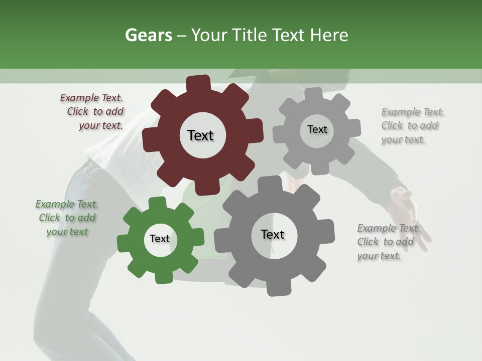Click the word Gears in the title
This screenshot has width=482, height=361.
tap(148, 35)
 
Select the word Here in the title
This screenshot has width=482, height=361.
tap(329, 35)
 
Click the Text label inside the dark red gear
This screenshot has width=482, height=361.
tap(200, 135)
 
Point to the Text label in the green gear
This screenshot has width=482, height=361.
tap(160, 239)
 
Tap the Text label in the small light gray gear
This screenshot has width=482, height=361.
tap(317, 129)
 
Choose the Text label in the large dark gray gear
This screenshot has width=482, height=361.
tap(273, 235)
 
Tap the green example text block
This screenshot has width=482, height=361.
tap(67, 218)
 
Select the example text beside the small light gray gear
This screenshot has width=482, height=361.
tap(412, 126)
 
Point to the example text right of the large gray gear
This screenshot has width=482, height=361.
tap(388, 242)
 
